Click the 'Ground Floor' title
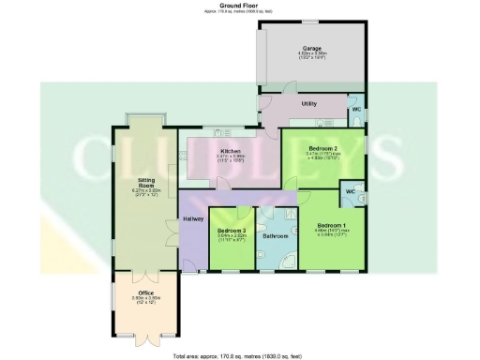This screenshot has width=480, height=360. coord(238,5)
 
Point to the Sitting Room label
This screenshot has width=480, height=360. coord(146,185)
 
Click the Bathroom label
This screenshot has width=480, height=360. coord(276,235)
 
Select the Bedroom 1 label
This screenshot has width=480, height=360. coord(331,226)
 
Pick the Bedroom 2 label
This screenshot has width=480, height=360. coord(324,149)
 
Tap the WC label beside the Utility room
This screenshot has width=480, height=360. coord(356,110)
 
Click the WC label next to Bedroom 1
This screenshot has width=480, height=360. coord(350,191)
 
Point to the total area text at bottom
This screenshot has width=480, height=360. coord(239,356)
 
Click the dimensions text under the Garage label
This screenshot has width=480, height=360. coord(310,56)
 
